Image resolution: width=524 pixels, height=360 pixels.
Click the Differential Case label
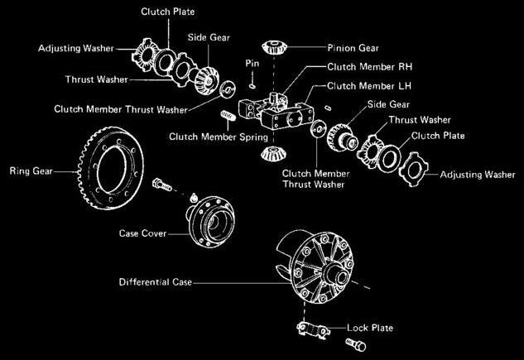coord(154,282)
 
